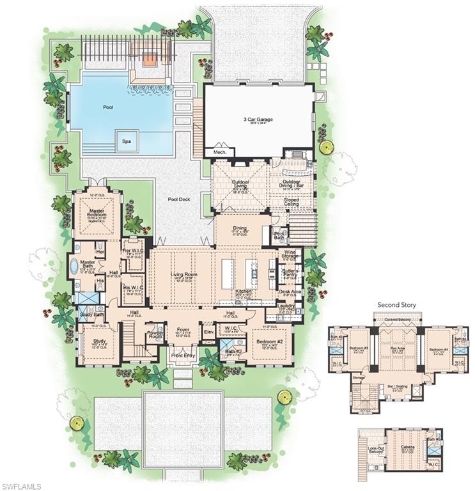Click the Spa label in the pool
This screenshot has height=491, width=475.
126,141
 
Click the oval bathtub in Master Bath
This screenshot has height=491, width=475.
74,265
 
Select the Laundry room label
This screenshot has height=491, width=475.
287,306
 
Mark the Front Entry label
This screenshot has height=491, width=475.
182,355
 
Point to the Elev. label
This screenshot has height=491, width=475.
208,332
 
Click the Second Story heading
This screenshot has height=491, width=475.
396,305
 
